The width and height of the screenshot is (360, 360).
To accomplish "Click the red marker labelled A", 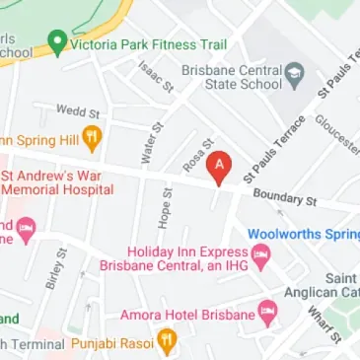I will [x=218, y=167].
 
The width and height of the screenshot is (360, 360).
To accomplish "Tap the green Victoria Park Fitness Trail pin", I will [x=57, y=44].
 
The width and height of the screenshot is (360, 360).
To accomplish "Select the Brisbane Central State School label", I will [x=232, y=79].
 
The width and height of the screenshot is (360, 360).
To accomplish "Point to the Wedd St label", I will [x=78, y=112].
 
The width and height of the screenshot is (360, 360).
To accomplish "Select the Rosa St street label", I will [x=198, y=152].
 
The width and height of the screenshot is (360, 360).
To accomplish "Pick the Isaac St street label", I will [x=155, y=75].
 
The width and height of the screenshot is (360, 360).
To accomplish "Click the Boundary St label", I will [x=284, y=199].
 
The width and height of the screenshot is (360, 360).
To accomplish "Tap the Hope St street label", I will [x=164, y=209].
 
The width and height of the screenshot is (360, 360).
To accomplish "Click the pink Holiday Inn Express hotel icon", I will [x=261, y=258].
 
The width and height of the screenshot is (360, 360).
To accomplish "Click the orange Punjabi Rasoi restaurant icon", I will [x=167, y=343].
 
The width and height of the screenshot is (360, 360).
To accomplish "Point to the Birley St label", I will [x=54, y=268].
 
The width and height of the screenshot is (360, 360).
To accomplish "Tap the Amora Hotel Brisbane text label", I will [x=186, y=316].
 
